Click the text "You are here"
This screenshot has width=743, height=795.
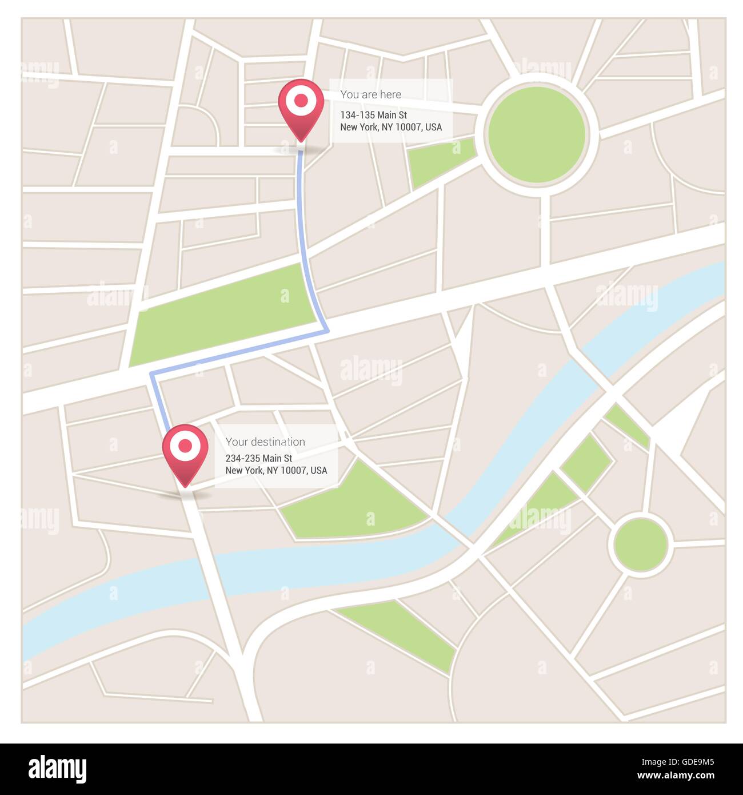(370, 94)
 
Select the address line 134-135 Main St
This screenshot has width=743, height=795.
(373, 115)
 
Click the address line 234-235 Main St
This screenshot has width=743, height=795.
(258, 458)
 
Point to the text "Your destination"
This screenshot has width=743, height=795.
(265, 442)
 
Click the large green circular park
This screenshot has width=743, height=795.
(537, 135)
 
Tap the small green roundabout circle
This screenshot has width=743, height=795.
(641, 543)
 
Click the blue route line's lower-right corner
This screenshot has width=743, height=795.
(327, 330)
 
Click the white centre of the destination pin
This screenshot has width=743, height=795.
(185, 446)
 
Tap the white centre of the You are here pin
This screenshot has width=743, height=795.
(301, 101)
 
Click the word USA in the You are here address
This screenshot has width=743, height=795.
(433, 127)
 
